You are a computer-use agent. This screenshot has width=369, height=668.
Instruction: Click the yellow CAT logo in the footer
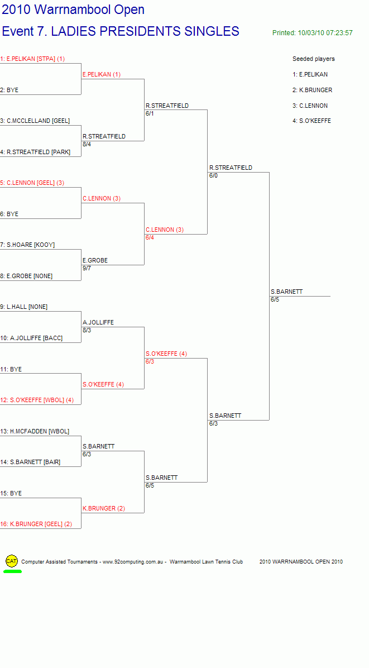[x=12, y=561]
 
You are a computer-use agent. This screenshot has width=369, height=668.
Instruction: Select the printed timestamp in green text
[x=313, y=33]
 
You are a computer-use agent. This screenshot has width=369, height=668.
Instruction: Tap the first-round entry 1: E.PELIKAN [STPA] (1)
[x=32, y=59]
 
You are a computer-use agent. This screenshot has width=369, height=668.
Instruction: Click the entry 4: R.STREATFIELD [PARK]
[x=35, y=152]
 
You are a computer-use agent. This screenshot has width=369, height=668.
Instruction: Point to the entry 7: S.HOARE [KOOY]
[x=27, y=245]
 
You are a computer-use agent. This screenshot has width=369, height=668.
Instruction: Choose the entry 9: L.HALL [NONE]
[x=24, y=307]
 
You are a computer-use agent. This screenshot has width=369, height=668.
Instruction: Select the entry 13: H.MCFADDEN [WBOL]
[x=35, y=431]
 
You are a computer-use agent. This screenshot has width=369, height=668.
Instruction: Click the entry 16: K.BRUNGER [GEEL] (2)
[x=36, y=524]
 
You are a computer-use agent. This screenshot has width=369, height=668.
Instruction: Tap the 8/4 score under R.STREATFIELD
[x=87, y=144]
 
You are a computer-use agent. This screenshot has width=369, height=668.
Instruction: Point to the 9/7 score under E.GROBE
[x=87, y=268]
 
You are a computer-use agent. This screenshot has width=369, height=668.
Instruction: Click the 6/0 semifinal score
[x=213, y=175]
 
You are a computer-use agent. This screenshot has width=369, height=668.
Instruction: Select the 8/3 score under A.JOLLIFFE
[x=87, y=330]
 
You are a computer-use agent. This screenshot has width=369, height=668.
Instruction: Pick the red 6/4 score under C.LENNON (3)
[x=150, y=237]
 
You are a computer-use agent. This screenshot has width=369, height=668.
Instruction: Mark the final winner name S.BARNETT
[x=286, y=292]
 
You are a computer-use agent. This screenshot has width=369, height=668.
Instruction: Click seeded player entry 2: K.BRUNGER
[x=313, y=90]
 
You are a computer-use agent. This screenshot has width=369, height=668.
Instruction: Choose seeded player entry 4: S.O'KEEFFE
[x=312, y=121]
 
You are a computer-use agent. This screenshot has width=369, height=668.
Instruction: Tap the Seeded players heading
[x=314, y=59]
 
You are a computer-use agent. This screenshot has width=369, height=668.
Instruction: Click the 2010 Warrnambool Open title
[x=73, y=10]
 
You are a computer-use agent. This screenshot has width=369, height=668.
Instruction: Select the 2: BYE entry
[x=9, y=90]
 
